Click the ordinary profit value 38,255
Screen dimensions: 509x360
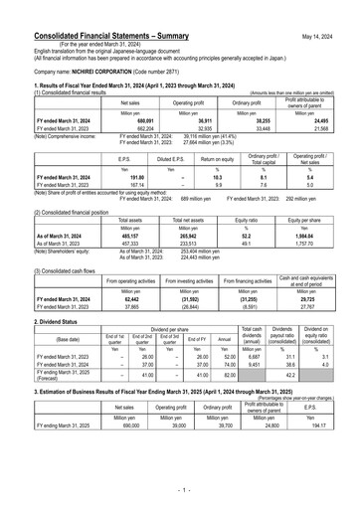[257, 119]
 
